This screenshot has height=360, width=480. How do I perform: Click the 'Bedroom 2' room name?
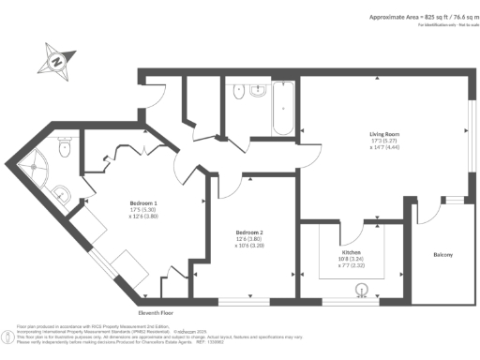pos(248,232)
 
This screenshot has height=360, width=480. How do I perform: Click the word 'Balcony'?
pos(442,254)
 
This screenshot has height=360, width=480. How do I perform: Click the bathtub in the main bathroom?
pos(283,110)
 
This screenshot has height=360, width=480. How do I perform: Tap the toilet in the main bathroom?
pos(238,95)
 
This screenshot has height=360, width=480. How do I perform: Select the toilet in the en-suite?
pos(64,147)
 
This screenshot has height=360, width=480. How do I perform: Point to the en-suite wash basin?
pos(60,195)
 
